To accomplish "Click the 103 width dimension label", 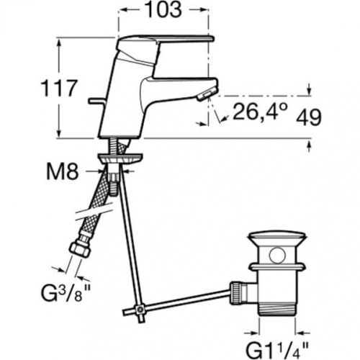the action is [163, 10].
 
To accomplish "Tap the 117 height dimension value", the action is [59, 88].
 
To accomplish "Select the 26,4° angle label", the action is [260, 111].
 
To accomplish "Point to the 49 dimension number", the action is [309, 117].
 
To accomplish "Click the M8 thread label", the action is [63, 172].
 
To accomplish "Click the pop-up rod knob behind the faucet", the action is [96, 101].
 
